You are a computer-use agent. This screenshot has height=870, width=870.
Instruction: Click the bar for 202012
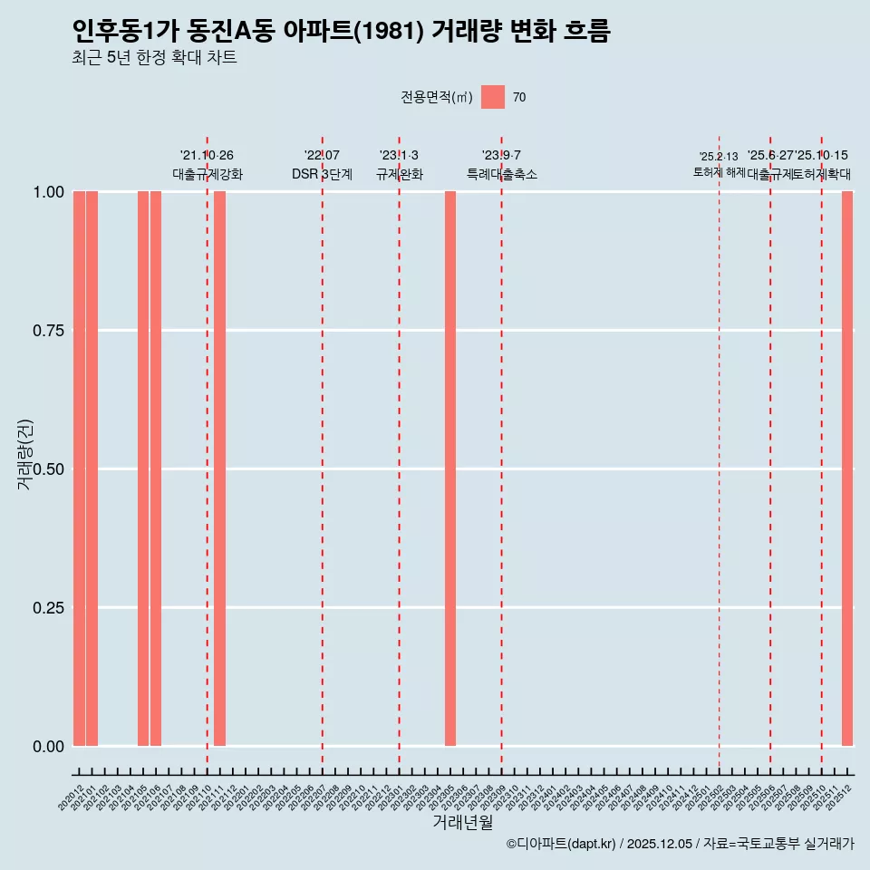pyautogui.click(x=79, y=469)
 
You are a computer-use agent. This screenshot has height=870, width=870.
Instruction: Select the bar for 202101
pyautogui.click(x=92, y=469)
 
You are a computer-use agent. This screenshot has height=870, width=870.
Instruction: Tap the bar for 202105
pyautogui.click(x=143, y=469)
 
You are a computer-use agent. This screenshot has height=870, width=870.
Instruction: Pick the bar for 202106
pyautogui.click(x=156, y=469)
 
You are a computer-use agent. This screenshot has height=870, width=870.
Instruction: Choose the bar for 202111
pyautogui.click(x=219, y=469)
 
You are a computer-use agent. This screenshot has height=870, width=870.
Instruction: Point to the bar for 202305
pyautogui.click(x=450, y=469)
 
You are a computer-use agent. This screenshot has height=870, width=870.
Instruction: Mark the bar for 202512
pyautogui.click(x=847, y=469)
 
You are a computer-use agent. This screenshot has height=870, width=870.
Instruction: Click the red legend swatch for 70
pyautogui.click(x=493, y=97)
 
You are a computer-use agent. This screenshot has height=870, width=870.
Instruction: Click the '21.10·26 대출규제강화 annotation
pyautogui.click(x=208, y=165)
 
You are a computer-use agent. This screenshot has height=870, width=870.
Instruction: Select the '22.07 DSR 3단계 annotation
pyautogui.click(x=322, y=165)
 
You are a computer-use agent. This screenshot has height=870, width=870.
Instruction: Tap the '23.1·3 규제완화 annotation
pyautogui.click(x=399, y=165)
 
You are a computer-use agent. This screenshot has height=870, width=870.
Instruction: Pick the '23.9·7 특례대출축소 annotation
pyautogui.click(x=501, y=165)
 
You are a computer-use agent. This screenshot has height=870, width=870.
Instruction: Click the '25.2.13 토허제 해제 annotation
pyautogui.click(x=719, y=164)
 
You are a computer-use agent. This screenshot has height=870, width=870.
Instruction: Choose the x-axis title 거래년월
pyautogui.click(x=463, y=822)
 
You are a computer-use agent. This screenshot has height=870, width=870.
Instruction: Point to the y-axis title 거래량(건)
pyautogui.click(x=25, y=454)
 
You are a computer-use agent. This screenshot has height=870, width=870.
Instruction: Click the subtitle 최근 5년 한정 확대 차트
pyautogui.click(x=154, y=59)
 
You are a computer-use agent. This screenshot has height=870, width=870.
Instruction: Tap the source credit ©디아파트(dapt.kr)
pyautogui.click(x=562, y=844)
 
